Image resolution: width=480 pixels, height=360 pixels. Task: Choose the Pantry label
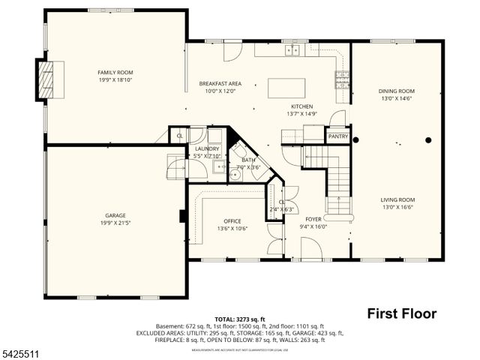coord(337,136)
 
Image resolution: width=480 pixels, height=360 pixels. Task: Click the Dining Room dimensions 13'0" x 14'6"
coord(396,98)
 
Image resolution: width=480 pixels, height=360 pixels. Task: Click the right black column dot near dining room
coord(429,139)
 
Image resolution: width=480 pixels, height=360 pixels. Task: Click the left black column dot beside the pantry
coord(356,139)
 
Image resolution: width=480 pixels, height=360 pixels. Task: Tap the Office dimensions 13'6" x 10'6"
coord(231,228)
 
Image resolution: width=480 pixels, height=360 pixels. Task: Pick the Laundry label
coord(207,149)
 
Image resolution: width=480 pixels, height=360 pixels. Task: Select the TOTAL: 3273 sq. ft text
coord(239,319)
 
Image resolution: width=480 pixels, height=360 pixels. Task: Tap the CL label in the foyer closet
coord(282,202)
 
